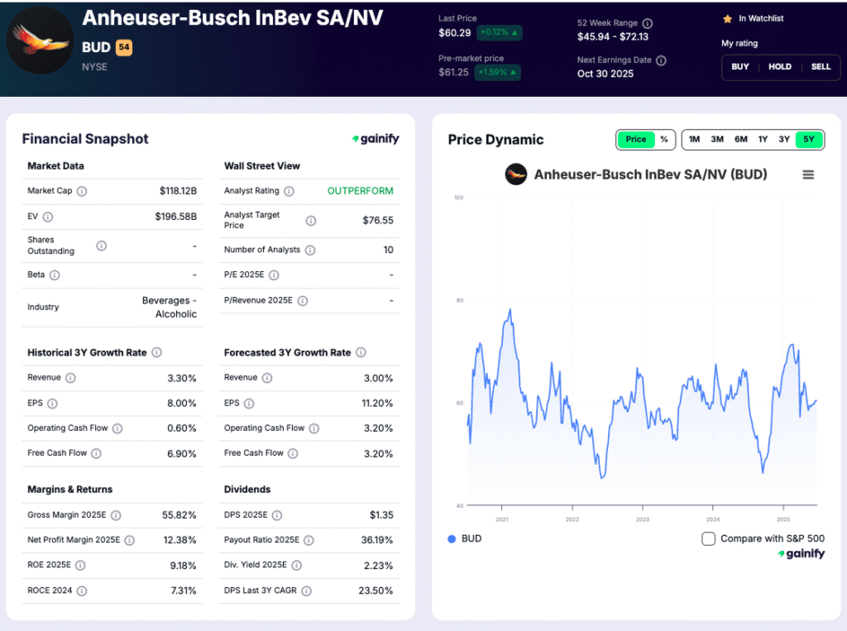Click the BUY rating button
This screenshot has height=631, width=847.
click(740, 67)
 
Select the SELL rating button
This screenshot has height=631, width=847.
click(821, 67)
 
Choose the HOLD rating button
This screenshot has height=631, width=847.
click(780, 67)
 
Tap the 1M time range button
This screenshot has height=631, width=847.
click(694, 140)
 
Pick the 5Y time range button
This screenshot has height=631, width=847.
click(809, 140)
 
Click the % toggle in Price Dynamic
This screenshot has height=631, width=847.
click(664, 140)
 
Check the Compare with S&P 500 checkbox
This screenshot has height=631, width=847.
click(708, 539)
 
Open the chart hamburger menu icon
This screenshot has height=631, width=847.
click(808, 174)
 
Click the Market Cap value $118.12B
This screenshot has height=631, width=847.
click(178, 191)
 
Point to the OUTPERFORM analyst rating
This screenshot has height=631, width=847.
click(360, 191)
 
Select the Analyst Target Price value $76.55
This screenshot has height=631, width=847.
click(377, 221)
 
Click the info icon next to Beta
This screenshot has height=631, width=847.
click(55, 275)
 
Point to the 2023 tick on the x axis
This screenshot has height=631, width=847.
click(643, 519)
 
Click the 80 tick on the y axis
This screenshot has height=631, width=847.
click(459, 300)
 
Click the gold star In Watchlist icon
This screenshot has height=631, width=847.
click(727, 18)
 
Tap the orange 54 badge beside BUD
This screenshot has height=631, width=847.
click(124, 48)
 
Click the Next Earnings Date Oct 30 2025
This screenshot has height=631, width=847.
click(605, 74)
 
